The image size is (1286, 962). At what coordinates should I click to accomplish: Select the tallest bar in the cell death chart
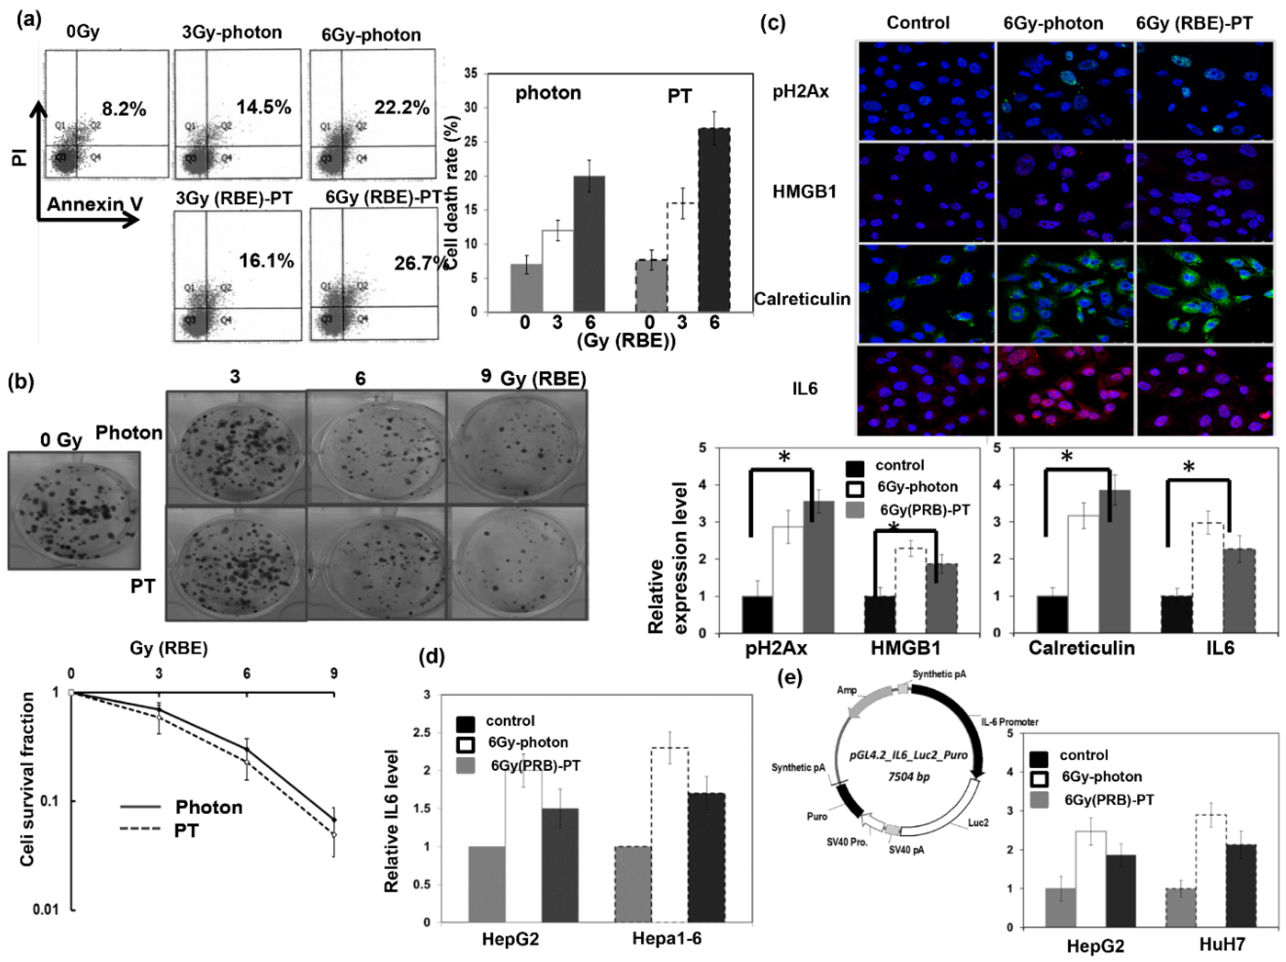[x=714, y=220]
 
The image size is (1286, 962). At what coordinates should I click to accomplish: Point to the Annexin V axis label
[x=95, y=204]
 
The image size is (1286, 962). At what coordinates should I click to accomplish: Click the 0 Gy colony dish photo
[x=74, y=510]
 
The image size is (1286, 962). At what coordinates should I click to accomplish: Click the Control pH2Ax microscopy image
[x=926, y=91]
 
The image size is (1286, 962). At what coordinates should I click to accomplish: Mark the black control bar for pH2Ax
[x=757, y=614]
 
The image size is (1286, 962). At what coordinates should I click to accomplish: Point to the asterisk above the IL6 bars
[x=1189, y=467]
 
